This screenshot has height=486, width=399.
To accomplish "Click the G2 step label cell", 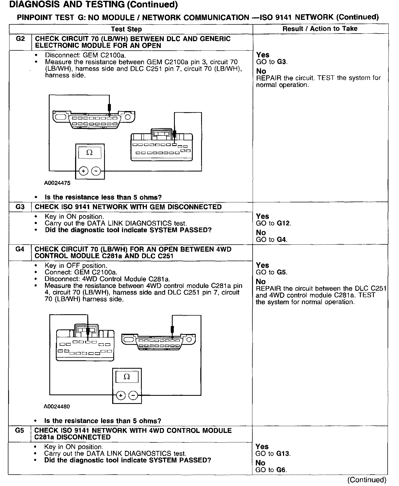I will coord(20,39).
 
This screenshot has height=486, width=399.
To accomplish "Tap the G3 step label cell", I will coord(20,207).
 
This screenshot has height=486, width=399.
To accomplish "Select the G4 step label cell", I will coord(20,249).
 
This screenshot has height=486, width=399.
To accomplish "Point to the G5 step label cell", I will coord(20,430).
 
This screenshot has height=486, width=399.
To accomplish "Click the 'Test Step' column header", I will coord(126,29).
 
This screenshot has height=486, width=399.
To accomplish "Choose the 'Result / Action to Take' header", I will coord(320,29).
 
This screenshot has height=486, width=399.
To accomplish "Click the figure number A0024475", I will coord(57,183).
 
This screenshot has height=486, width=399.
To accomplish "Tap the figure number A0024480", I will coord(57,407).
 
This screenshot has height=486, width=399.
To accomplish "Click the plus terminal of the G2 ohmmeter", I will coord(83,171).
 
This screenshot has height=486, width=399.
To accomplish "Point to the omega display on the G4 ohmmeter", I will coord(127,377).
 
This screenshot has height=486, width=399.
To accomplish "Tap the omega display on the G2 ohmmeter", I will coord(89,153).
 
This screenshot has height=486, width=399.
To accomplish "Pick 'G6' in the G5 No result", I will coord(281,470).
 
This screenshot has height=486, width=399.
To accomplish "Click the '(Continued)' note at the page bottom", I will coord(366,480).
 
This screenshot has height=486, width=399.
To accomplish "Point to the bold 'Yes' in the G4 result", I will coord(262,265).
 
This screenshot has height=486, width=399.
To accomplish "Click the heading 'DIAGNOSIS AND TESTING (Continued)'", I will coord(94,5).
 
